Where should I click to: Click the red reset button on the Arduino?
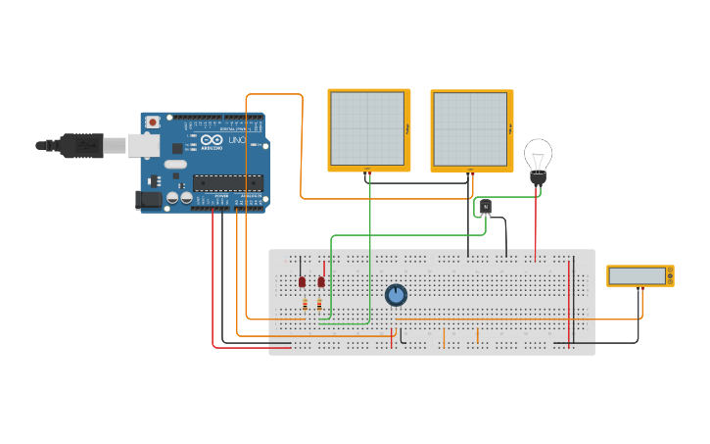click(x=153, y=122)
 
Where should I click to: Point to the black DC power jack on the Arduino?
click(x=147, y=199)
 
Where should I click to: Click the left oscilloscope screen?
click(x=367, y=129)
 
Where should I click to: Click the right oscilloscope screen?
click(x=470, y=129)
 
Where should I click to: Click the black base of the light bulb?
click(x=538, y=179)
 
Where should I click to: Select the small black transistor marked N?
click(x=485, y=207)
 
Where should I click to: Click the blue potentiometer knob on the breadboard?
click(x=396, y=294)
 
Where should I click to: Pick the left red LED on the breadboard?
click(x=302, y=281)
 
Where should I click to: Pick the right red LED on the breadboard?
click(x=320, y=281)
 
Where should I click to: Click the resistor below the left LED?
click(x=304, y=305)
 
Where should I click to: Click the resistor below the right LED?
click(x=319, y=305)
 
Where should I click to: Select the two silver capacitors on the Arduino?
click(x=179, y=197)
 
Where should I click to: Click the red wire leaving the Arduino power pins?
click(x=213, y=274)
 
